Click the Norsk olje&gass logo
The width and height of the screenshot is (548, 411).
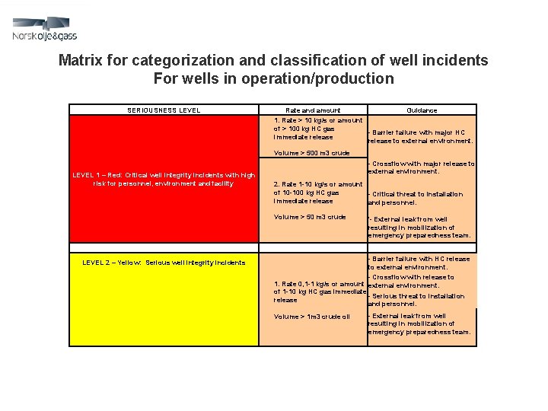[45, 30]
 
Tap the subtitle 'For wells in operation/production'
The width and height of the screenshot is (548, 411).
[273, 78]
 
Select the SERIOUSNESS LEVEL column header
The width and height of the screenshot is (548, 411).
[164, 110]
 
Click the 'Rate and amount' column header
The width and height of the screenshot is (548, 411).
[312, 110]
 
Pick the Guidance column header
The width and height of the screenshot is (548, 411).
[422, 110]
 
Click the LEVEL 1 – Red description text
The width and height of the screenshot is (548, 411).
[164, 179]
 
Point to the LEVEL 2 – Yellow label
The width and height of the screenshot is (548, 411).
[164, 263]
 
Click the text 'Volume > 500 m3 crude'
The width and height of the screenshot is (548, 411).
[311, 153]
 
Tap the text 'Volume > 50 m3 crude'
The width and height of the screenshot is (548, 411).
[310, 217]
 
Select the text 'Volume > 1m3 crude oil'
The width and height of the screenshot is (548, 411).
[312, 317]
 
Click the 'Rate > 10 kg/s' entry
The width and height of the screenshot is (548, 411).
[318, 129]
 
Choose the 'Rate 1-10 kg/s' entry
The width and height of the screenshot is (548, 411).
[318, 193]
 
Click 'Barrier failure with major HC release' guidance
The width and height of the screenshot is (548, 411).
[420, 136]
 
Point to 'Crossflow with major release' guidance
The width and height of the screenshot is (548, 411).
[421, 167]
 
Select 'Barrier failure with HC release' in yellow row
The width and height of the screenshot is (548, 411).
[419, 263]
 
